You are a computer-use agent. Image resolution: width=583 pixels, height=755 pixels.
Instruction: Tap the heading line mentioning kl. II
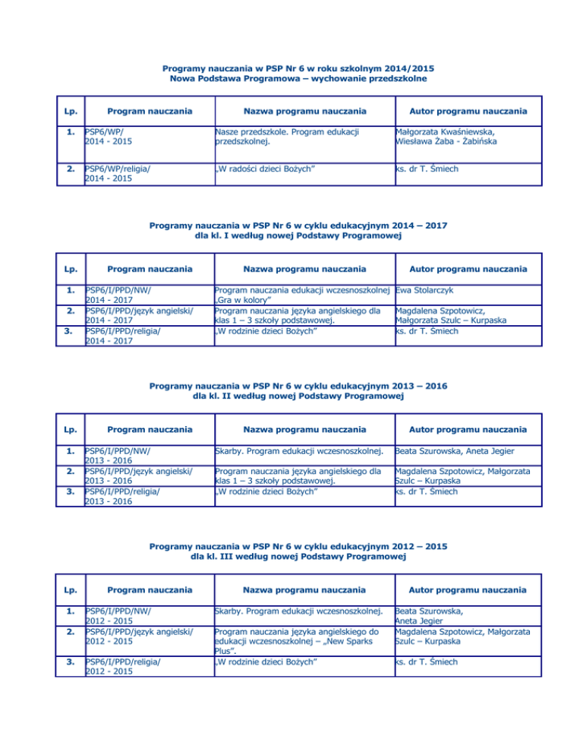click(292, 396)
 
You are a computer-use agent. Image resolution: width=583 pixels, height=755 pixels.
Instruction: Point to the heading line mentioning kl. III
click(292, 558)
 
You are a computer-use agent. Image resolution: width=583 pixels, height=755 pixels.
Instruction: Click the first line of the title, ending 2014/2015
click(292, 68)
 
